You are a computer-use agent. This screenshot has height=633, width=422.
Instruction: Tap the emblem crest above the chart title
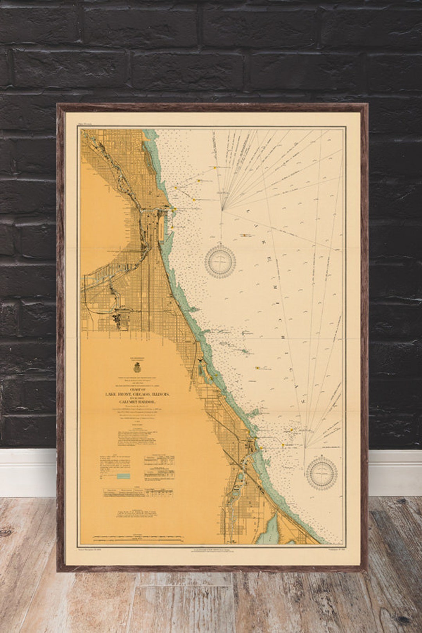[137, 368]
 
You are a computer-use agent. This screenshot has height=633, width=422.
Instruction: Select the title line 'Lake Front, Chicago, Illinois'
[137, 395]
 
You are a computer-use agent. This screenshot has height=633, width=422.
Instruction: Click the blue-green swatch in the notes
[124, 476]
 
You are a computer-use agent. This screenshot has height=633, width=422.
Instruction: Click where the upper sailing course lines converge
[222, 209]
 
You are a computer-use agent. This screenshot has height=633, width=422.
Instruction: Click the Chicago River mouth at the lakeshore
[172, 209]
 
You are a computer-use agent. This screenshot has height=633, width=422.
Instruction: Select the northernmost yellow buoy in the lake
[215, 168]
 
